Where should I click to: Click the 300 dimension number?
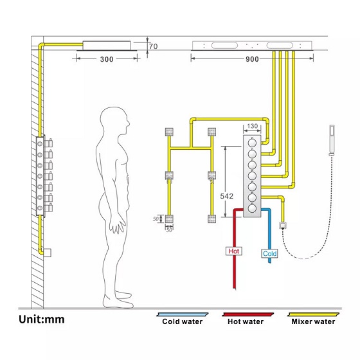(x=107, y=59)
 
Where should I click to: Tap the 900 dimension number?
(x=252, y=59)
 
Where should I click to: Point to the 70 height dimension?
(x=154, y=46)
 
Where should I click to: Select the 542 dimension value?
(x=226, y=196)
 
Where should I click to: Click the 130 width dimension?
(x=252, y=126)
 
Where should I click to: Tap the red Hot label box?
(x=234, y=251)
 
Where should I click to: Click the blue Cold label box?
(x=269, y=253)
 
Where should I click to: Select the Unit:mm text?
(x=42, y=319)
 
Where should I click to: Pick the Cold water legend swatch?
(x=183, y=314)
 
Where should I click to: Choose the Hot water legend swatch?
(x=248, y=314)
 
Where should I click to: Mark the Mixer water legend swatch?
(x=314, y=314)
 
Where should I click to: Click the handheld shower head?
(x=332, y=140)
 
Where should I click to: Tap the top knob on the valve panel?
(x=252, y=143)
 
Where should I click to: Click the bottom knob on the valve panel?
(x=252, y=208)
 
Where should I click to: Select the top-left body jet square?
(x=169, y=132)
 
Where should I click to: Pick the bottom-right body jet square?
(x=212, y=219)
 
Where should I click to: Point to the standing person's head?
(x=115, y=121)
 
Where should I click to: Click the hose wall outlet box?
(x=282, y=226)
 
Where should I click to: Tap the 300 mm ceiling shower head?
(x=107, y=46)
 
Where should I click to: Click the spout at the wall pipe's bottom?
(x=47, y=253)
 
